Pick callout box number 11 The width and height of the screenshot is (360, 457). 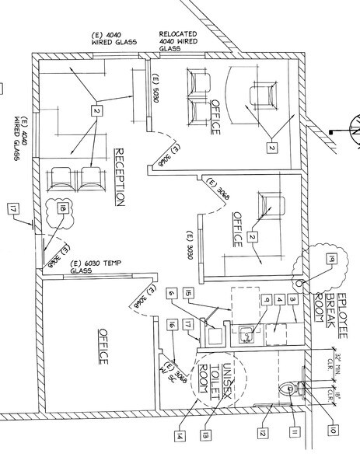tap(295, 431)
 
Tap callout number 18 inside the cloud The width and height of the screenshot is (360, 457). tap(60, 209)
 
